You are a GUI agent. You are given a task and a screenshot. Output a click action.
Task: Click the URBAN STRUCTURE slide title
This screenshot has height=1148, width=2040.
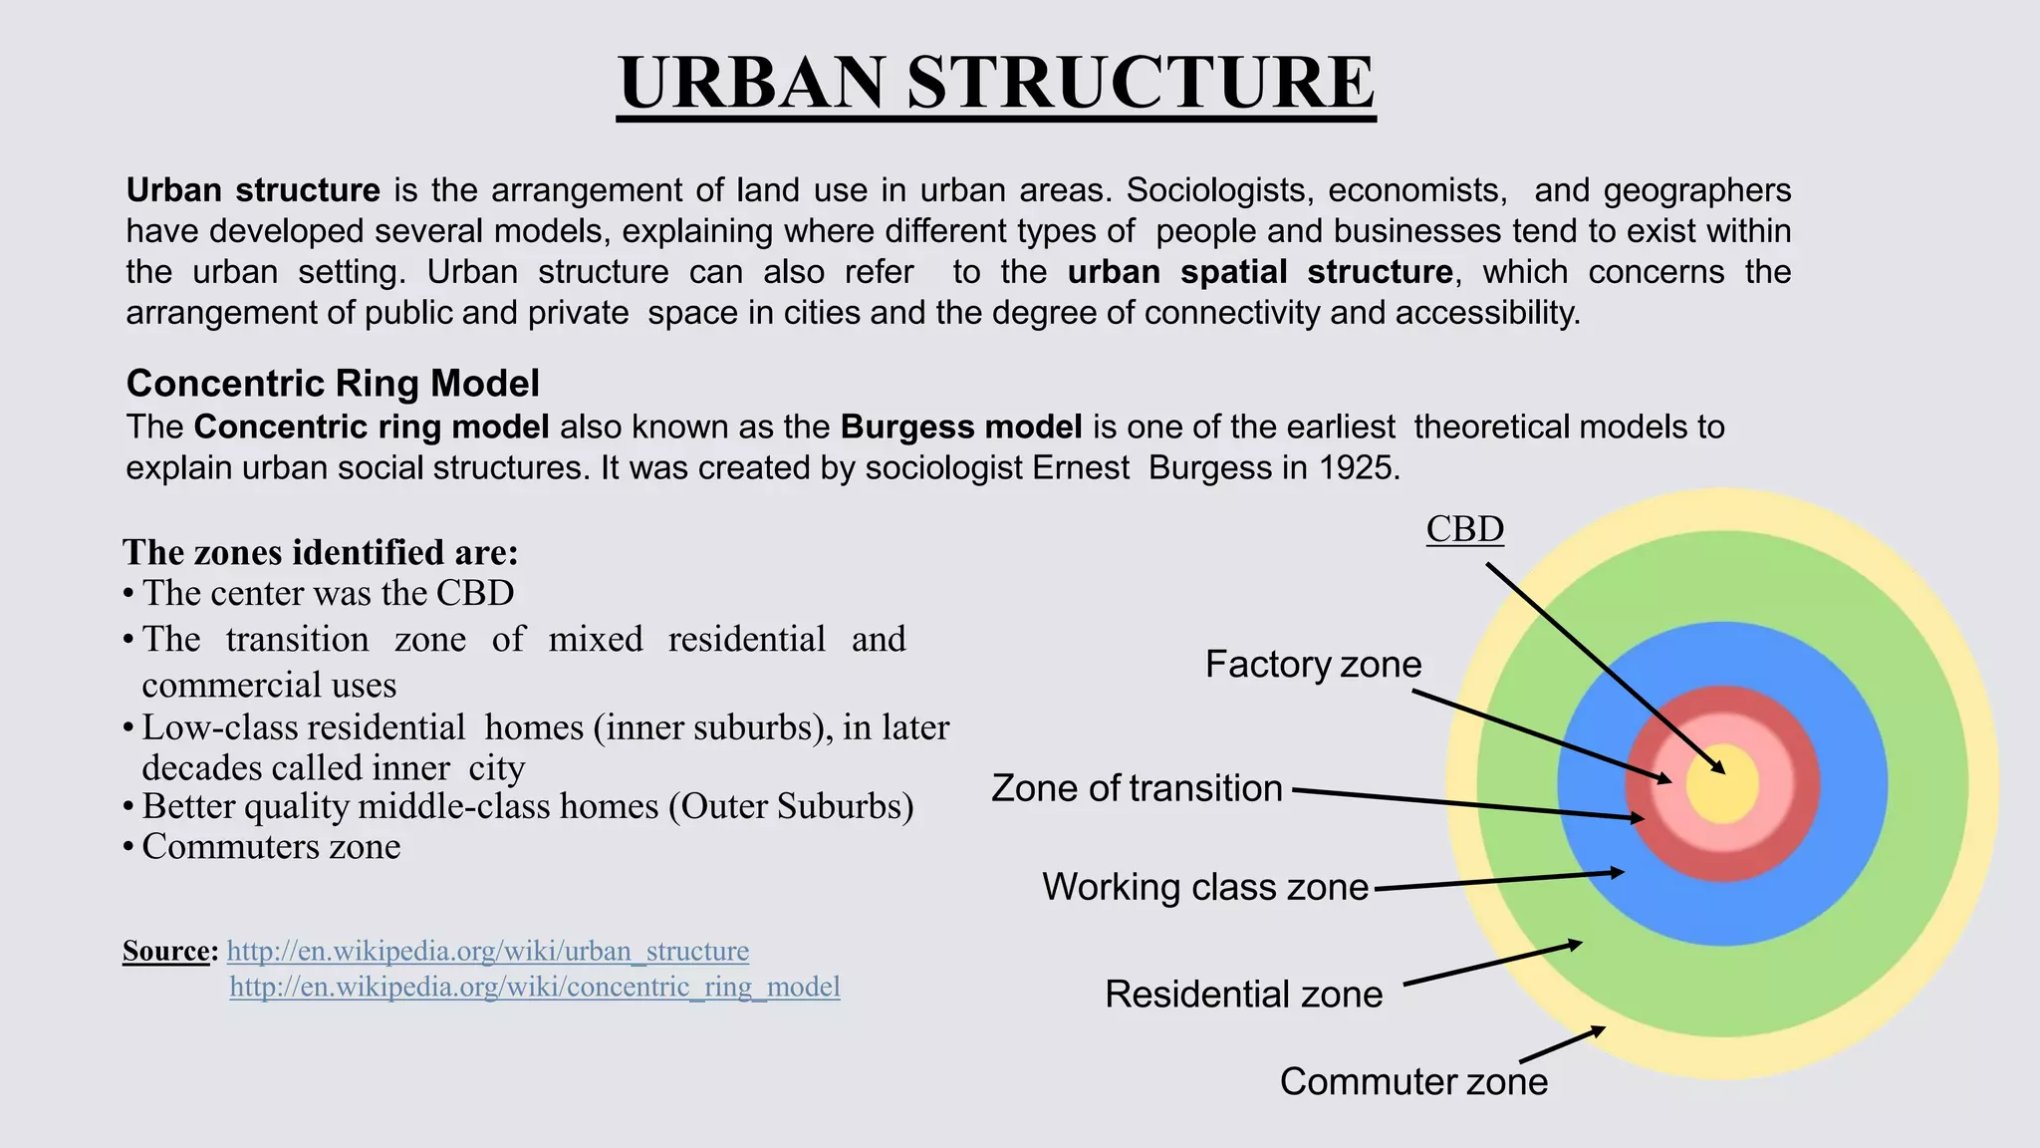coord(996,82)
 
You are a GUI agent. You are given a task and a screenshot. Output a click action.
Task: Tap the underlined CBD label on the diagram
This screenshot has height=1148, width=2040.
coord(1464,529)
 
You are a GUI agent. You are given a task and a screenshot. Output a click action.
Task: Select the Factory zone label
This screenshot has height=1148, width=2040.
coord(1313,665)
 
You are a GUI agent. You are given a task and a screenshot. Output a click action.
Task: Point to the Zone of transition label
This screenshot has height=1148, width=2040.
coord(1137,788)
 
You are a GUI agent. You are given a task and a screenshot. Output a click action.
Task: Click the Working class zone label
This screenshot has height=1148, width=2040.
coord(1205,887)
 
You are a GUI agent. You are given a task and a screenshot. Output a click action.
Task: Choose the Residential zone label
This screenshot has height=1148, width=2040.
coord(1243,995)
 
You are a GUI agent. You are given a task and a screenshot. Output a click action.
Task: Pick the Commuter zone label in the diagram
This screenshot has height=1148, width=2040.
coord(1413,1082)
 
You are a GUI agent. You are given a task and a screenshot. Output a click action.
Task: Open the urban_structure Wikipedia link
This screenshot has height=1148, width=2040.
coord(487,952)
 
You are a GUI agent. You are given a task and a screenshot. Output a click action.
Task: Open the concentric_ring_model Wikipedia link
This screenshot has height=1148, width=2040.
coord(535,988)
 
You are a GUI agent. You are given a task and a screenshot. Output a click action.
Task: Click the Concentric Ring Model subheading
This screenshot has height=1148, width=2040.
coord(333,384)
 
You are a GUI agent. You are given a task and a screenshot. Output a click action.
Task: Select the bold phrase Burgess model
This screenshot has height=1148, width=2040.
coord(961,428)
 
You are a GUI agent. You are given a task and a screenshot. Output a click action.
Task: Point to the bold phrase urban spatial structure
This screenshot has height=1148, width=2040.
coord(1260,272)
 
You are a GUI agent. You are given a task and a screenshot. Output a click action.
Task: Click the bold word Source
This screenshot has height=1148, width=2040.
coord(166,951)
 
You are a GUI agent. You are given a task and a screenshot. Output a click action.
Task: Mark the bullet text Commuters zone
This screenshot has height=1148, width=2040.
coord(271,847)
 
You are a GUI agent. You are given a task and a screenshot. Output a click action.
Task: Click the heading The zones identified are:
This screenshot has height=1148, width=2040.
coord(320,552)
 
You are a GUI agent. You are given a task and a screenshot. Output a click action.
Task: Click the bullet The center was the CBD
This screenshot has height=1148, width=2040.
coord(328,594)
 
